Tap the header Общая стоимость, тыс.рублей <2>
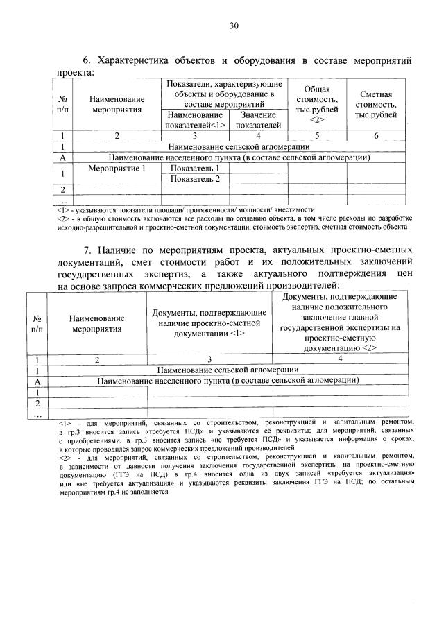click(x=316, y=103)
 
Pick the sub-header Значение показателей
click(x=258, y=119)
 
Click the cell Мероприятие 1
click(x=117, y=168)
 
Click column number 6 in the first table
click(x=376, y=136)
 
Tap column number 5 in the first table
click(x=316, y=136)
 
